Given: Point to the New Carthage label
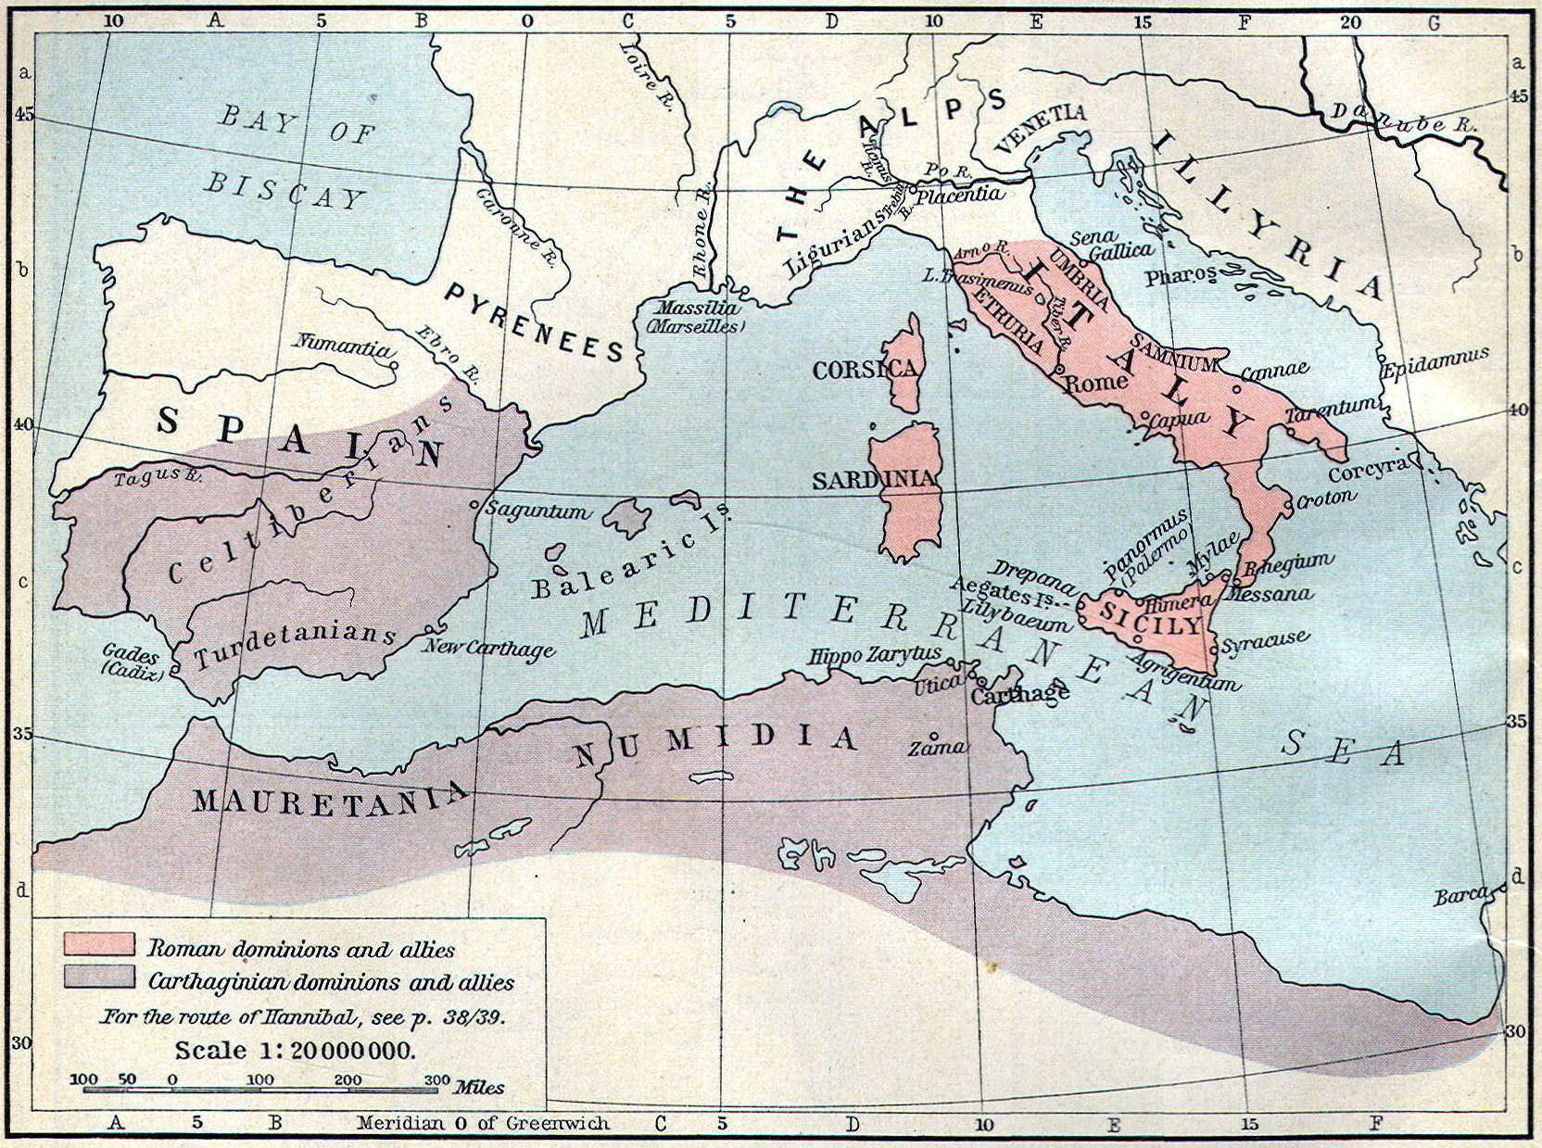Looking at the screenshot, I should click(488, 649).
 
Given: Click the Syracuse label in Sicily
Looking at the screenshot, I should click(1265, 641).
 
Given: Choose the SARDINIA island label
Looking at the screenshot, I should click(876, 480).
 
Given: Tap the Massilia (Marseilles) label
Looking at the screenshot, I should click(699, 317).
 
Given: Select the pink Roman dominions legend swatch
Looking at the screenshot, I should click(98, 945).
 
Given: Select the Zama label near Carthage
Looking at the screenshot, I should click(937, 747).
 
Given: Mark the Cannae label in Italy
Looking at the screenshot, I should click(1274, 372).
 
